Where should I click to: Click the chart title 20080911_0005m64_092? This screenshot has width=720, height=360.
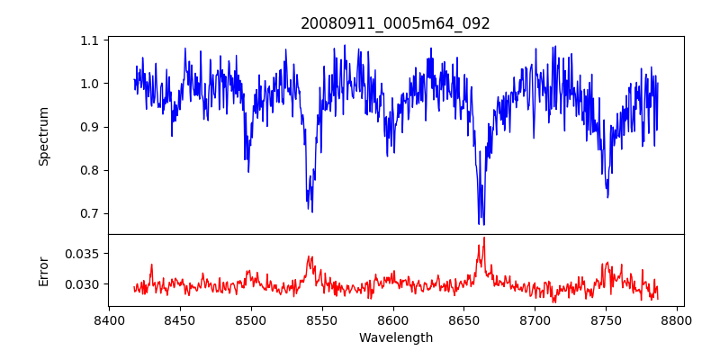(x=395, y=23)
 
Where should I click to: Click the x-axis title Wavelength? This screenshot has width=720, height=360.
(x=395, y=338)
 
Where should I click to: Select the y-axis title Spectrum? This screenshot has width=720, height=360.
(x=43, y=136)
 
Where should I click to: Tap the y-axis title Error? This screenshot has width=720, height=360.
(x=43, y=270)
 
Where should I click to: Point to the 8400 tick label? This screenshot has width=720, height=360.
(x=109, y=319)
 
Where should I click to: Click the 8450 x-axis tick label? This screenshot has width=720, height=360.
(x=180, y=319)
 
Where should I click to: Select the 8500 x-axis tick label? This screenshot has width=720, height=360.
(x=251, y=319)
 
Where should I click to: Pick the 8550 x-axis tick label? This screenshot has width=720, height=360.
(x=322, y=319)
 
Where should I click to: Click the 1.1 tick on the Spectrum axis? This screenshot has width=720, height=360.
(x=90, y=40)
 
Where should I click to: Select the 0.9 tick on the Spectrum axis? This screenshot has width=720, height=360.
(x=90, y=127)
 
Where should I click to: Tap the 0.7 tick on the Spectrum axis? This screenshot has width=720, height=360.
(x=90, y=213)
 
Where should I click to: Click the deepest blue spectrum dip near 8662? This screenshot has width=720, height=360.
(x=480, y=223)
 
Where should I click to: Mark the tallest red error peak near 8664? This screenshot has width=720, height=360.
(x=484, y=238)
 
